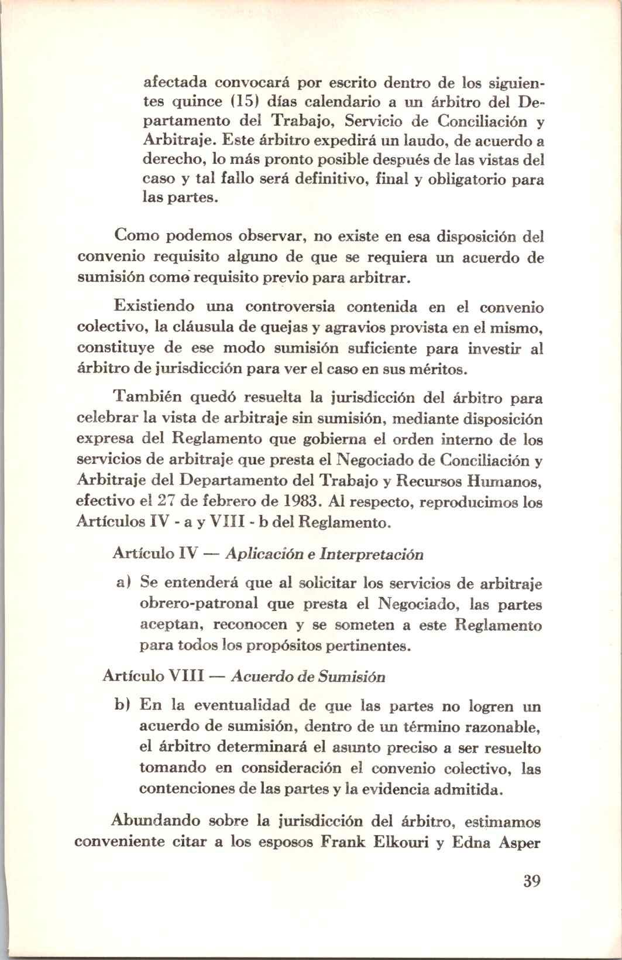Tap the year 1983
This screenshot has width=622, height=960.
tap(300, 502)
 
